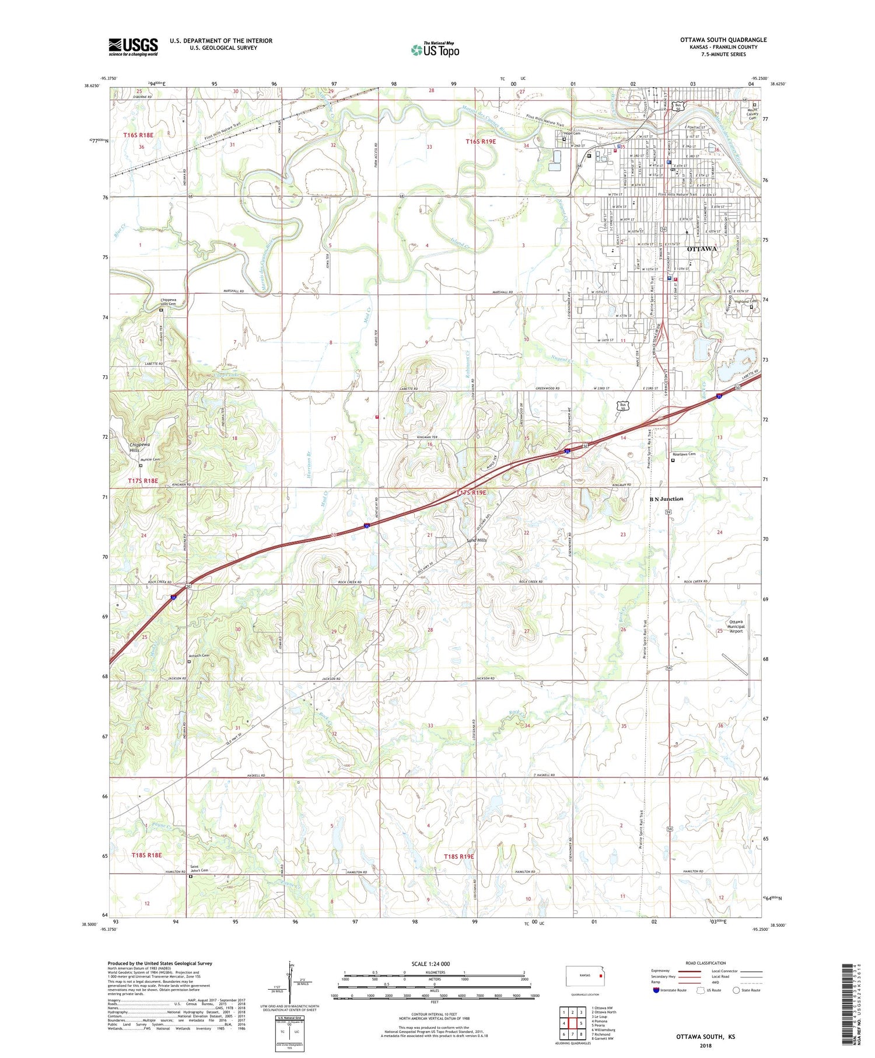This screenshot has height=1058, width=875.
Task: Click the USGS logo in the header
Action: [133, 47]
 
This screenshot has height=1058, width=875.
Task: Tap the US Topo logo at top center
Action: [435, 50]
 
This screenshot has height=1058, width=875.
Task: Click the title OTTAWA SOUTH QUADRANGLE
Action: [723, 40]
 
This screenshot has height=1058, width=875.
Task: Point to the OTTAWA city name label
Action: [702, 249]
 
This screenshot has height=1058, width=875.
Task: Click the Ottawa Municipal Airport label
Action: [736, 626]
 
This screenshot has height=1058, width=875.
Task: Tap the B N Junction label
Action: [666, 499]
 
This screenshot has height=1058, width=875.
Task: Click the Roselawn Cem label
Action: [684, 454]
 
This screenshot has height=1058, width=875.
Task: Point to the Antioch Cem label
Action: [198, 656]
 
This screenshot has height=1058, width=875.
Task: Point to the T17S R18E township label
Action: [142, 481]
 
